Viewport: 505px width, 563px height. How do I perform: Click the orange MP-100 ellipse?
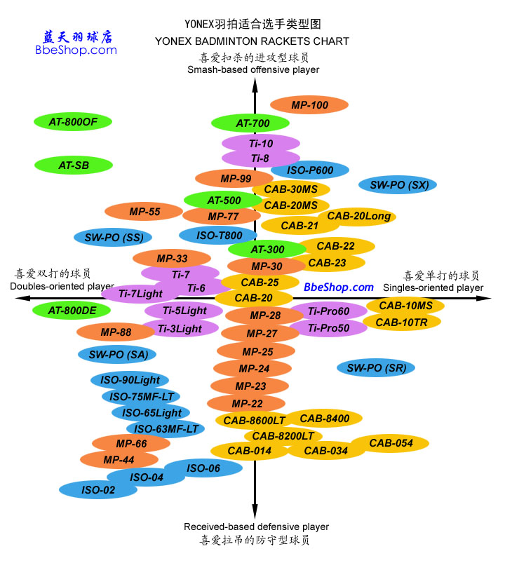tap(309, 105)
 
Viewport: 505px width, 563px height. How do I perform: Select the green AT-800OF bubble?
tap(73, 122)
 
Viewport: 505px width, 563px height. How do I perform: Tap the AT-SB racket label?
tap(74, 165)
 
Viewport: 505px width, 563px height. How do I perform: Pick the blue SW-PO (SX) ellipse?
tap(398, 185)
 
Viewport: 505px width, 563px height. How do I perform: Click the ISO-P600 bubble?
tap(310, 170)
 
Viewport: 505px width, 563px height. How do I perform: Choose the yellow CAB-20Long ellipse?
tap(358, 217)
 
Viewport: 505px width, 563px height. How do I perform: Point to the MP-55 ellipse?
tap(144, 211)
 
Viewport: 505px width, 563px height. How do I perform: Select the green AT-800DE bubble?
tap(72, 310)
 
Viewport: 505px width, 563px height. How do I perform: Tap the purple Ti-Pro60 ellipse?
tap(328, 311)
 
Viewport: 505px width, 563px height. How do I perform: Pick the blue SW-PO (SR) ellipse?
tap(376, 367)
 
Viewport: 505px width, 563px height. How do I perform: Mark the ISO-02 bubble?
tap(98, 490)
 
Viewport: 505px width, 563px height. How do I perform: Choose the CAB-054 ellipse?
tap(390, 443)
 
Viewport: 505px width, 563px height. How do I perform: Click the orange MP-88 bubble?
tap(115, 332)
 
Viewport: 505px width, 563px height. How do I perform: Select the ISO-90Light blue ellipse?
tap(130, 380)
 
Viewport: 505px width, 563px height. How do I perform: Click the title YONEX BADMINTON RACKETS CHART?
tap(252, 41)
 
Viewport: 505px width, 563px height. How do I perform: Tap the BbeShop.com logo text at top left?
tap(76, 50)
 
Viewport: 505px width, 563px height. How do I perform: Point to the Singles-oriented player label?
tap(433, 287)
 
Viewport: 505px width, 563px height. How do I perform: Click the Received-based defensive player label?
tap(256, 527)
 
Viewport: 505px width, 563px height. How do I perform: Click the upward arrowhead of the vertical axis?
tap(255, 85)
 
